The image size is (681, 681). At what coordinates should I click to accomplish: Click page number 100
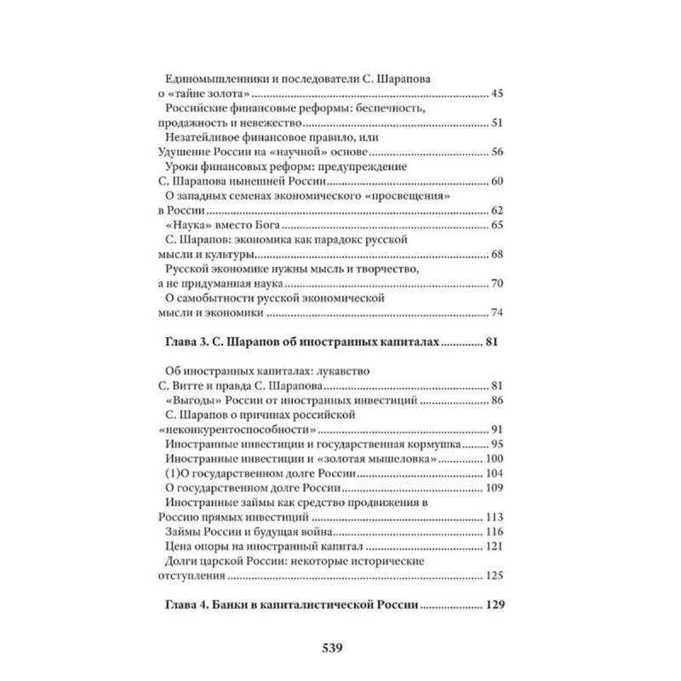pyautogui.click(x=495, y=459)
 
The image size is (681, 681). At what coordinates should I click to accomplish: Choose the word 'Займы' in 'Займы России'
pyautogui.click(x=181, y=532)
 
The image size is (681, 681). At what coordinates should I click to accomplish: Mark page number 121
pyautogui.click(x=495, y=547)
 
